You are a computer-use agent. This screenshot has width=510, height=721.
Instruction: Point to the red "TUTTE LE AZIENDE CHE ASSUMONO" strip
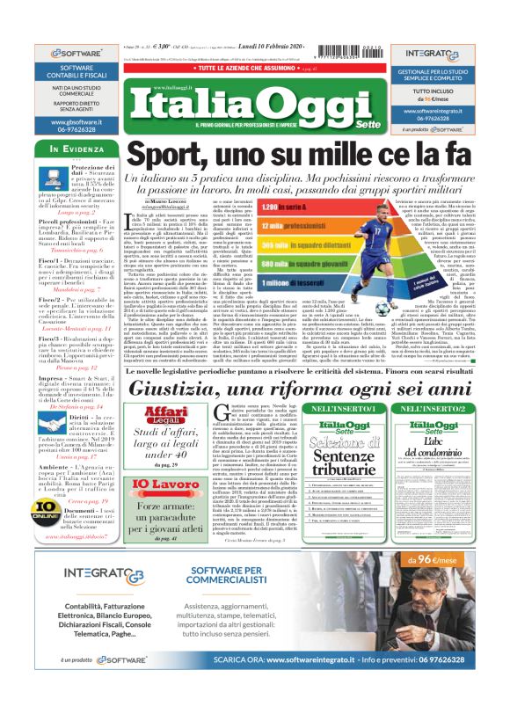[x=255, y=68]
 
